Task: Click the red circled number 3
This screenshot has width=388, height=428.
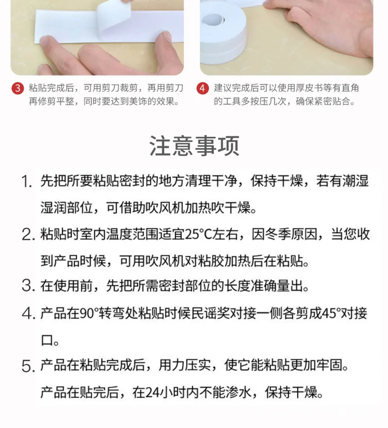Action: (18, 88)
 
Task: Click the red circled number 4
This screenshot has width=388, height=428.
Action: (203, 88)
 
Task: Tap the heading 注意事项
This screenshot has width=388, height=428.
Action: (194, 146)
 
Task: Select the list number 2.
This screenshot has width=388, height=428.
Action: (28, 235)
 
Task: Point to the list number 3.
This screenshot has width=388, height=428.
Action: (28, 286)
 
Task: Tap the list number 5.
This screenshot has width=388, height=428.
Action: (28, 366)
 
